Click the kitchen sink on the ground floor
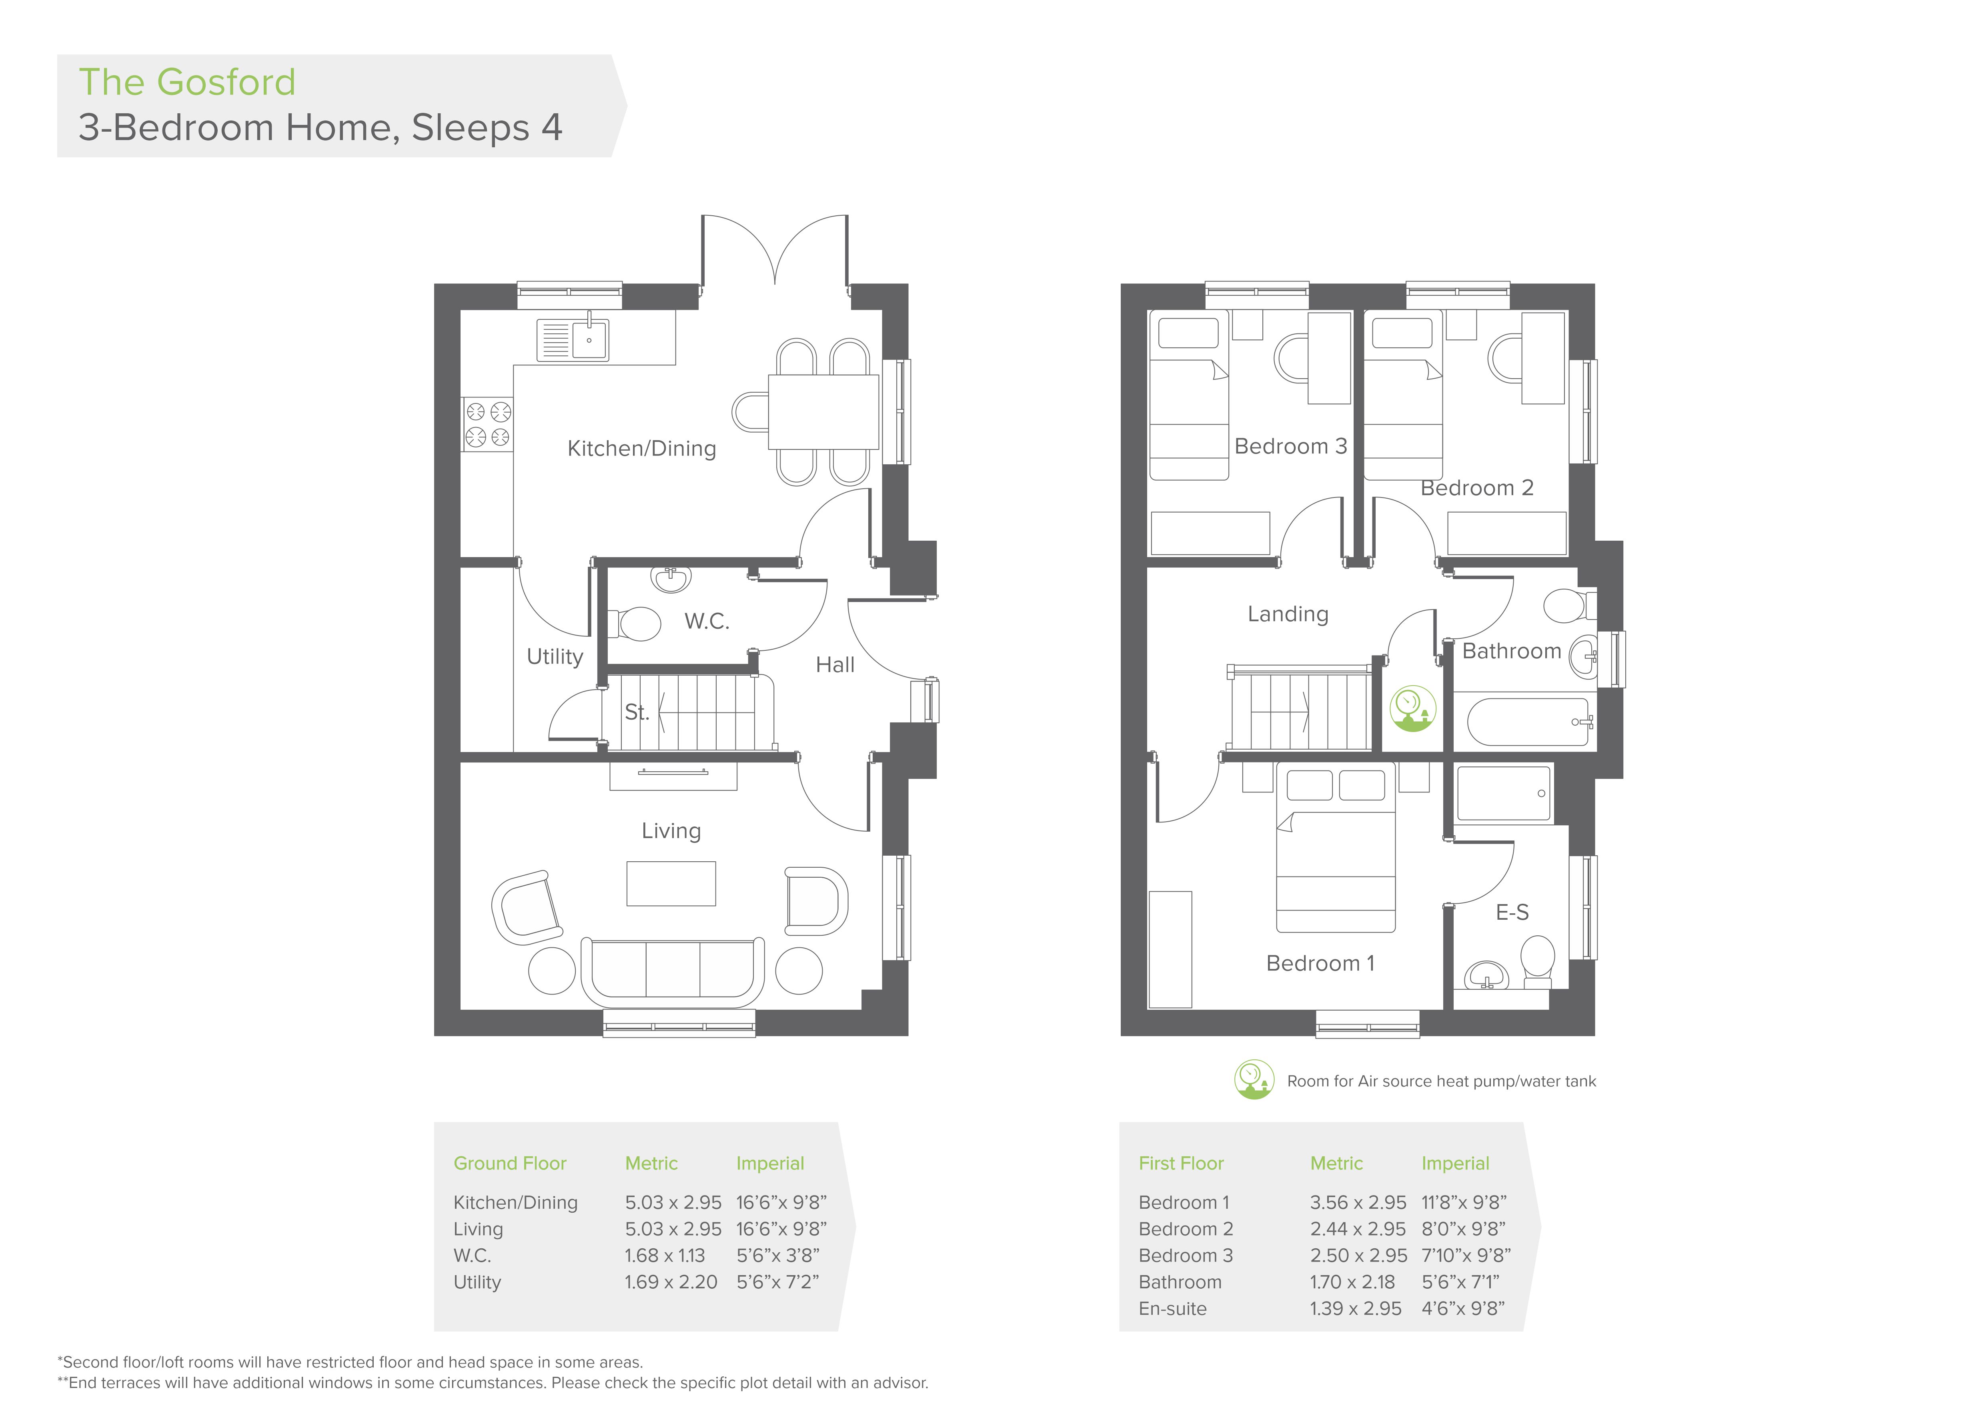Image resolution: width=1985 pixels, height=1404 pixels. point(572,339)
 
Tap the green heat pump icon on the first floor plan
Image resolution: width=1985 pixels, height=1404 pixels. point(1413,709)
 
